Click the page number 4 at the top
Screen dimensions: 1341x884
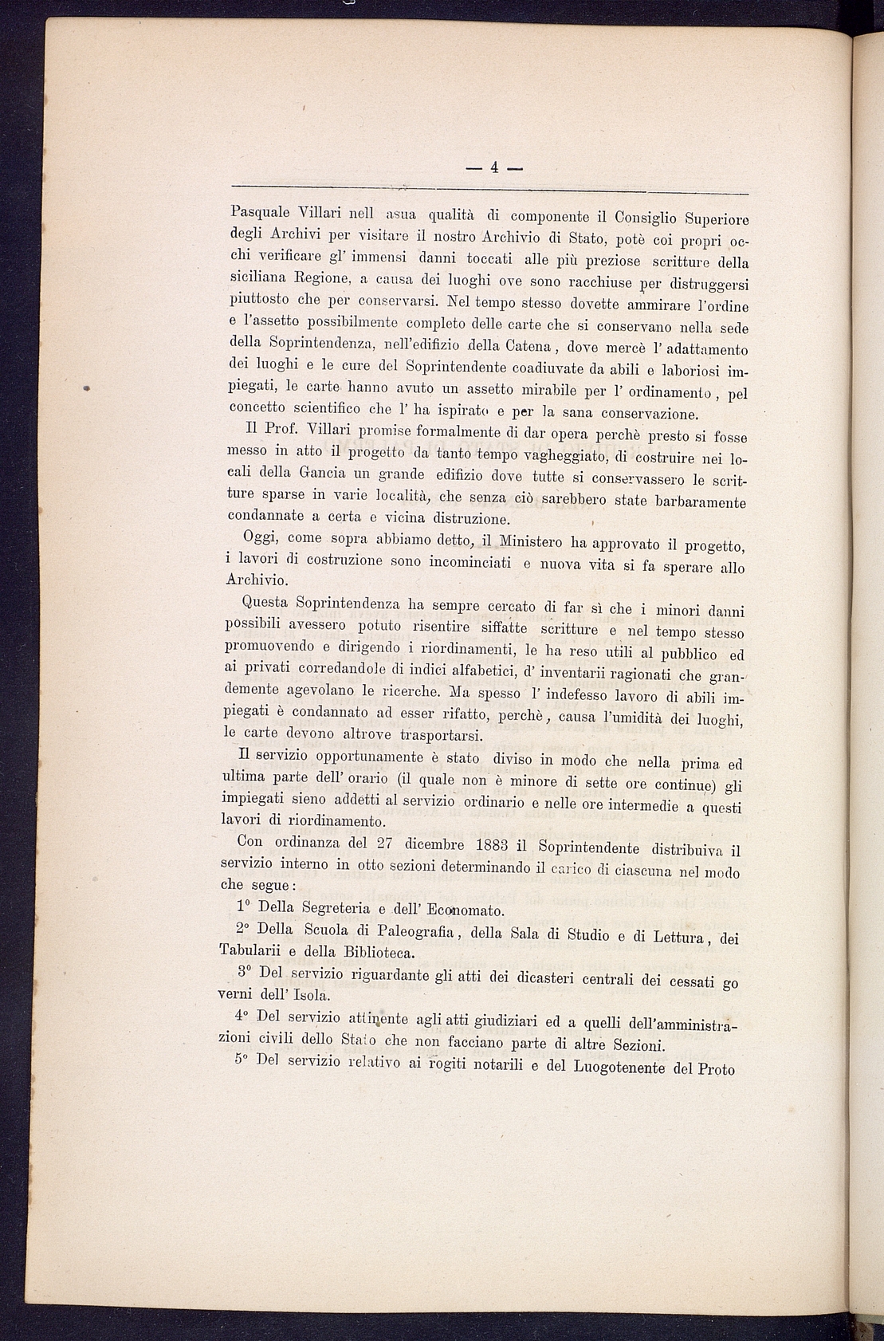494,167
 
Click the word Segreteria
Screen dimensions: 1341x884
329,907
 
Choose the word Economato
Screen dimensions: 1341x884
465,910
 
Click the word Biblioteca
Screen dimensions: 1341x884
379,952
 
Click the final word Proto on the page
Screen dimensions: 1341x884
716,1068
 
